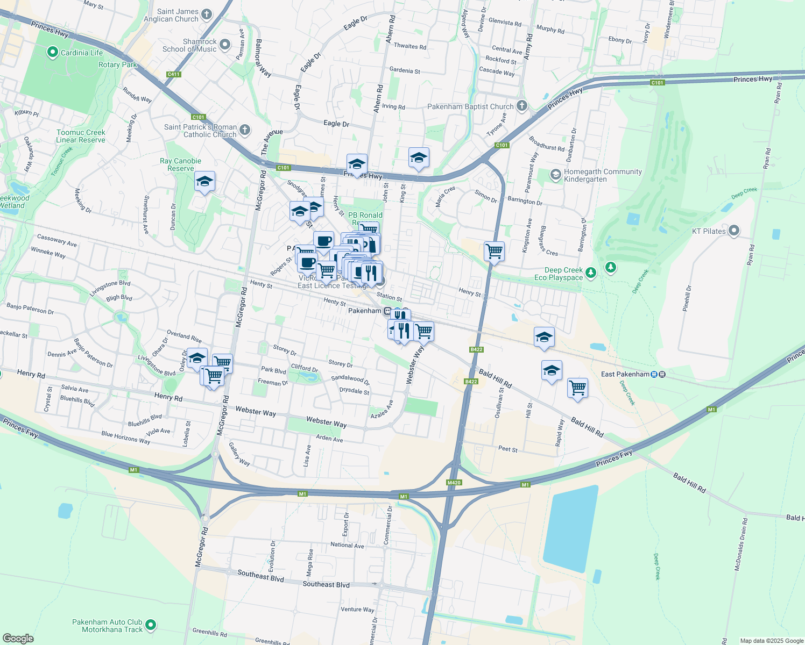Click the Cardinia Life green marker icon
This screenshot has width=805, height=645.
click(x=52, y=52)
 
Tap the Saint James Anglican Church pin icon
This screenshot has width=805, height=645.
click(x=207, y=15)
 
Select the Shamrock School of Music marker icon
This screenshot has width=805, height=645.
click(x=225, y=45)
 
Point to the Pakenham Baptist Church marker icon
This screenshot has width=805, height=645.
click(x=521, y=106)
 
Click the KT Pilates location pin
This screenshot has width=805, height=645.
click(x=733, y=231)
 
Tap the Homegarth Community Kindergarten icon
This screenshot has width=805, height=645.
click(x=555, y=175)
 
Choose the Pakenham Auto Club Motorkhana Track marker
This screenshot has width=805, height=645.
click(x=151, y=625)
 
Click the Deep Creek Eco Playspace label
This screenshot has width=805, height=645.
click(x=563, y=274)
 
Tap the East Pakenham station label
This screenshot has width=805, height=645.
click(x=625, y=374)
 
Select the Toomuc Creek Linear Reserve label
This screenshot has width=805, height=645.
click(x=81, y=136)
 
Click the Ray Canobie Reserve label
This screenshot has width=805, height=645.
click(x=180, y=164)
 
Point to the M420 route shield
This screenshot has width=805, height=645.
click(x=454, y=483)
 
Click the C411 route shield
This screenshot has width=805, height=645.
click(x=174, y=75)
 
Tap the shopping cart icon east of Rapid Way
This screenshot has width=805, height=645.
click(x=577, y=387)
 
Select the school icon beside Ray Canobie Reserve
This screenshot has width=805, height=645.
click(x=204, y=182)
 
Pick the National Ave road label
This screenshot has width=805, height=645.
click(x=347, y=545)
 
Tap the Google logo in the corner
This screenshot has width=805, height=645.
click(x=18, y=638)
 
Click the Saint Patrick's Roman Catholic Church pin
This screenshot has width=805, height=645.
click(x=244, y=130)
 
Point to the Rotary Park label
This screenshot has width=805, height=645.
click(x=117, y=64)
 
